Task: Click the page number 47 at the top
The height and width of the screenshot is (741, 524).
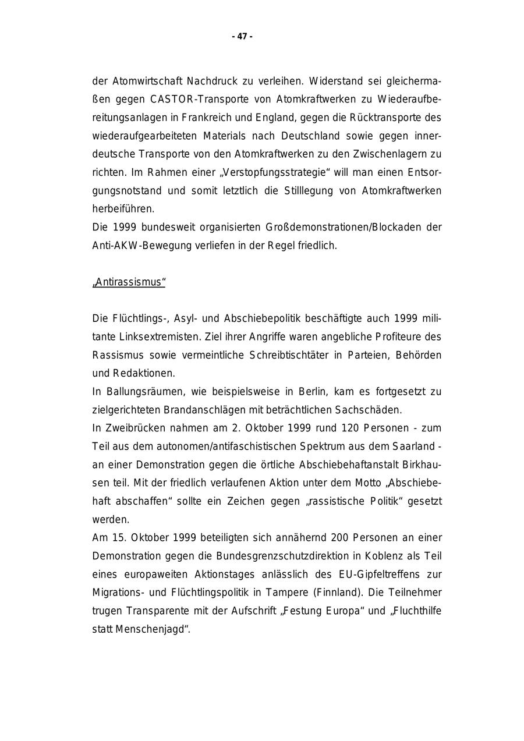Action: pos(242,37)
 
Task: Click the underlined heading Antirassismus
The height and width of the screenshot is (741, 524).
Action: pos(129,282)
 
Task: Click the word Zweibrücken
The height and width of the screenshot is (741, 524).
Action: pos(134,428)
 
